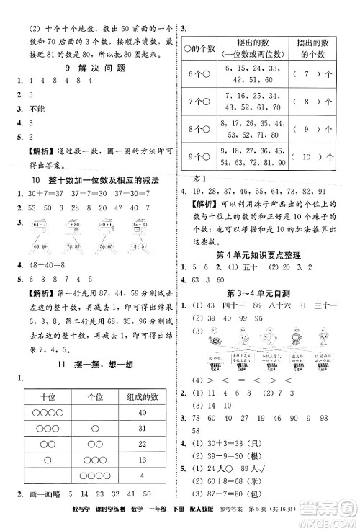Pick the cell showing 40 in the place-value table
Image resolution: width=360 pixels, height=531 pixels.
pyautogui.click(x=141, y=412)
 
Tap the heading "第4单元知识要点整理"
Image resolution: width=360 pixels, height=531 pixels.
pyautogui.click(x=268, y=256)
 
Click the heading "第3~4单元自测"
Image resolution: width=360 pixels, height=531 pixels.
pyautogui.click(x=268, y=293)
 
